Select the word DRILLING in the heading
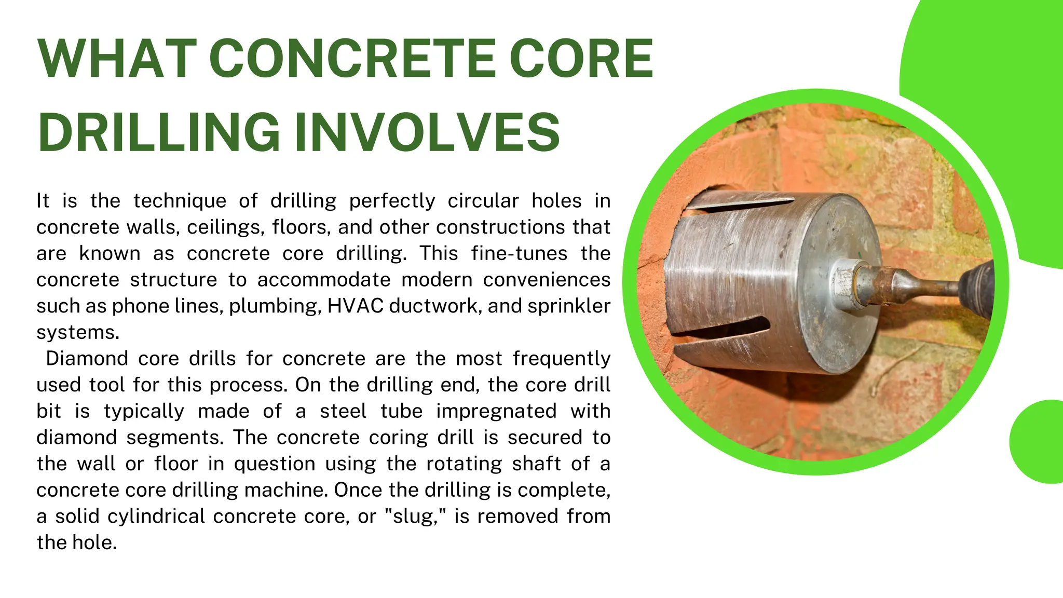click(x=158, y=132)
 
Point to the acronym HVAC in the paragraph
click(x=355, y=306)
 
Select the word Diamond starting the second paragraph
click(x=87, y=359)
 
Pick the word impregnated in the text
click(x=496, y=411)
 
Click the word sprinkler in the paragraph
click(x=568, y=306)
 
